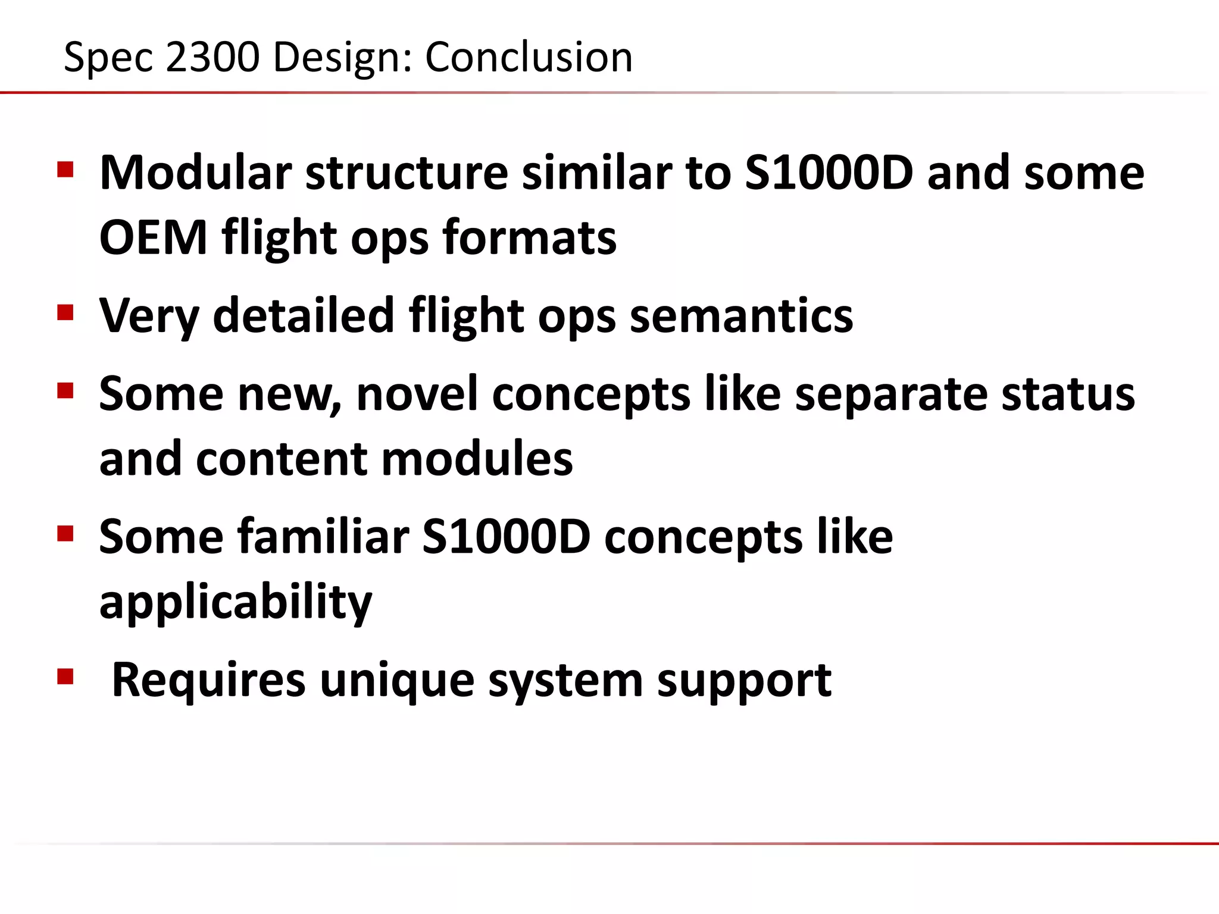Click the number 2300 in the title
coord(212,57)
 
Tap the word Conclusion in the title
coord(529,57)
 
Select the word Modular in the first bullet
coord(195,173)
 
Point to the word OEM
coord(153,237)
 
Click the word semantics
coord(741,315)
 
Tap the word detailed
coord(304,315)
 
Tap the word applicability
coord(236,602)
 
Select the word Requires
coord(208,680)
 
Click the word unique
coord(397,680)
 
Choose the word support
coord(744,680)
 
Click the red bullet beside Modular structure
coord(65,170)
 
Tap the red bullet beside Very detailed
coord(65,313)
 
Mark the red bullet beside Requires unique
coord(65,677)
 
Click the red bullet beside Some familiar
coord(65,534)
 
